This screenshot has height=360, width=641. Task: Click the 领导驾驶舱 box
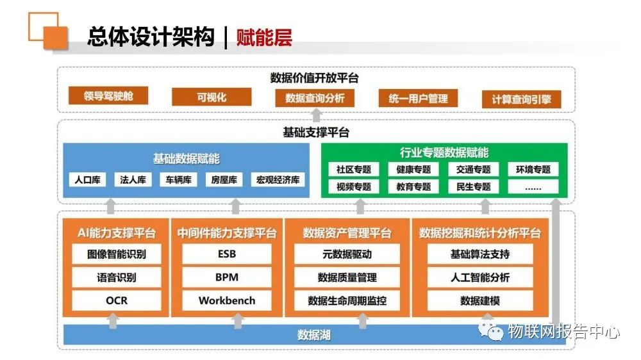tap(108, 95)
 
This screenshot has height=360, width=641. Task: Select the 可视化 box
tap(212, 97)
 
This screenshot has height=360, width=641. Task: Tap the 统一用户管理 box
tap(418, 98)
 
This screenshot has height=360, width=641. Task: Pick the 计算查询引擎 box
tap(521, 99)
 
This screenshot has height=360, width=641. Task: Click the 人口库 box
tap(87, 179)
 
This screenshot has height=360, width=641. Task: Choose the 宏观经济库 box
tap(278, 179)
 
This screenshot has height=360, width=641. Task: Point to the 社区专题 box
tap(354, 169)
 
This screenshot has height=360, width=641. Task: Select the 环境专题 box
tap(533, 169)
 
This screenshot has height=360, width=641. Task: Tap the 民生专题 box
tap(474, 187)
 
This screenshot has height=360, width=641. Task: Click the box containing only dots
tap(533, 187)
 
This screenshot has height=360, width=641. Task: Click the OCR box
tap(117, 300)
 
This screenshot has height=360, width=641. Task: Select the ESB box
tap(227, 254)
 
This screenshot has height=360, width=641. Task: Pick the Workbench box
tap(227, 300)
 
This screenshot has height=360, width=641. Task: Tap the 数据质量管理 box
tap(347, 277)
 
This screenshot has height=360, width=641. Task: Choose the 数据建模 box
tap(480, 300)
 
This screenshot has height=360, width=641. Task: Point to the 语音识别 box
tap(117, 277)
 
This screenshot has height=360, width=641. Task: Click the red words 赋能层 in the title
tap(264, 37)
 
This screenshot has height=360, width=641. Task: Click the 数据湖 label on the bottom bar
tap(313, 335)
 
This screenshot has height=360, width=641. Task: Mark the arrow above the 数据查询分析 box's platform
tap(317, 115)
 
